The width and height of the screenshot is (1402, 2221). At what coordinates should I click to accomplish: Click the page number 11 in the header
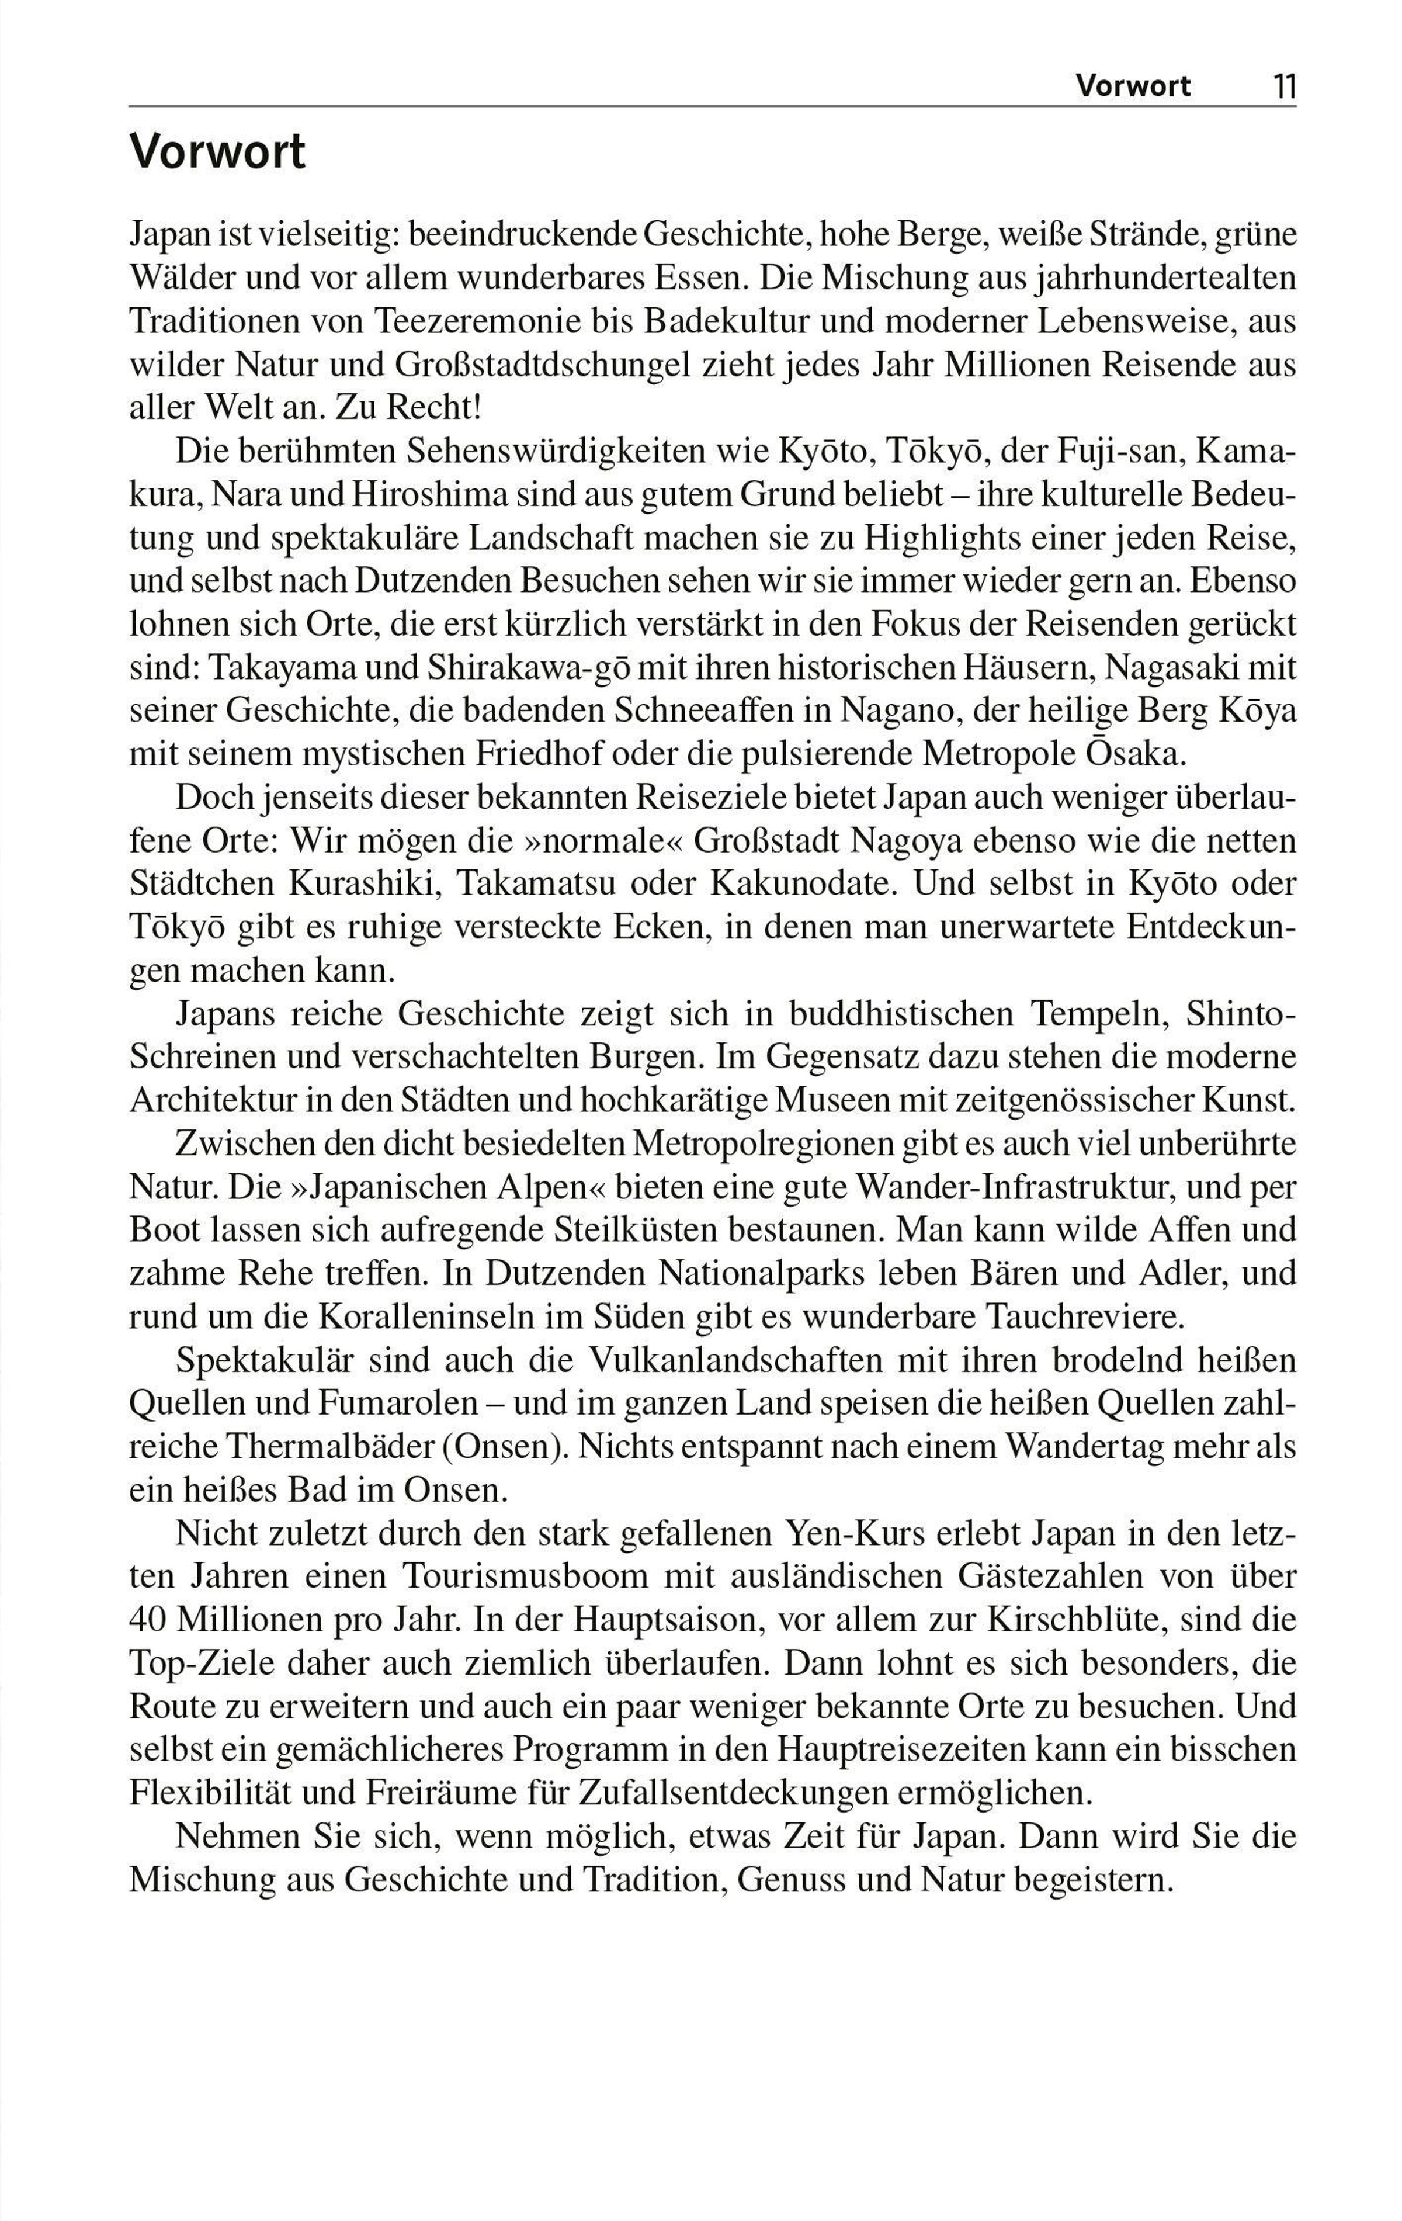[1285, 86]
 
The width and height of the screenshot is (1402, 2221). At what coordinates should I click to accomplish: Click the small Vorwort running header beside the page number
[1133, 86]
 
